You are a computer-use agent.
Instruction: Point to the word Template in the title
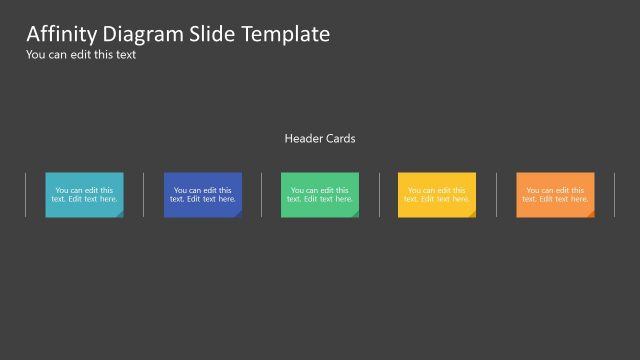click(285, 34)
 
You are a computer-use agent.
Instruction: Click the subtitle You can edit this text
click(80, 55)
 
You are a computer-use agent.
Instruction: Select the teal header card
click(84, 194)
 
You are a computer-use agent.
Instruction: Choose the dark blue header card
click(202, 194)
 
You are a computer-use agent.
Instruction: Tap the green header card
click(319, 194)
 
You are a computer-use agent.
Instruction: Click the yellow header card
click(437, 194)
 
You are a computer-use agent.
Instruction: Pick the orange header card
click(555, 194)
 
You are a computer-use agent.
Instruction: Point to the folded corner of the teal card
click(119, 213)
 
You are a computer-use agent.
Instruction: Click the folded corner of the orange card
click(590, 213)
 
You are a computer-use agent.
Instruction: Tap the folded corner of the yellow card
click(472, 213)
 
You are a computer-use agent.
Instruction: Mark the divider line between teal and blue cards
click(143, 194)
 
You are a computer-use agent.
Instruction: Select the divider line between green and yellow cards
click(379, 194)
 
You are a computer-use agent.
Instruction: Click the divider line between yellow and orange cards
click(496, 194)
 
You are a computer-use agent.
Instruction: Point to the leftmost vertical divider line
click(25, 194)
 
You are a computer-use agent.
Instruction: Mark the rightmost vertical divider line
click(614, 194)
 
